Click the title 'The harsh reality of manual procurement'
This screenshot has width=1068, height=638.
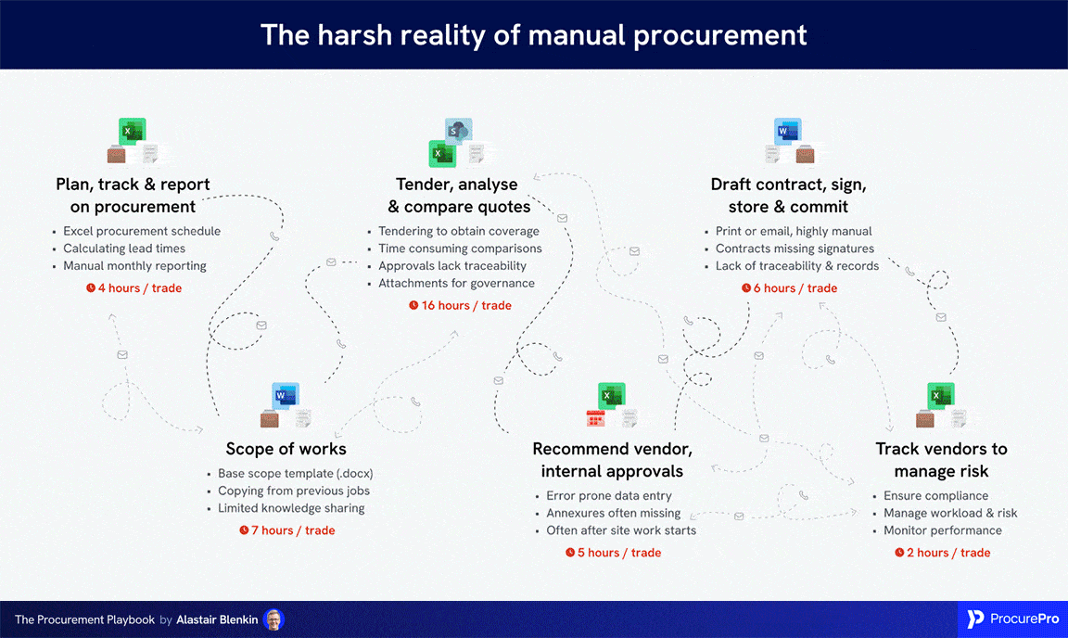(533, 34)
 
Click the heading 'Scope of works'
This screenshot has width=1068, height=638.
(286, 449)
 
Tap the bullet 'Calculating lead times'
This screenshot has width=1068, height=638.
(124, 249)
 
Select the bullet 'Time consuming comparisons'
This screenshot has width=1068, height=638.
(460, 249)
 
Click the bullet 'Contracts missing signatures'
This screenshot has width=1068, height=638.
(795, 249)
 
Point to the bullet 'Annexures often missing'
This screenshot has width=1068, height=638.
(613, 513)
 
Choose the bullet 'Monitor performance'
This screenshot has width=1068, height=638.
(942, 530)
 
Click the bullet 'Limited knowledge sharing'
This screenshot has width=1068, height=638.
(291, 508)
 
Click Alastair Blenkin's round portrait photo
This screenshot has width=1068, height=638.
(273, 619)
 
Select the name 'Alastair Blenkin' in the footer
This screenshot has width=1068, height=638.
(219, 619)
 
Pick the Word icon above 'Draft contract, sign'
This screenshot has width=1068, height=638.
(786, 132)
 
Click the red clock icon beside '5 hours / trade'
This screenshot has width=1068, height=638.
(570, 553)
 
